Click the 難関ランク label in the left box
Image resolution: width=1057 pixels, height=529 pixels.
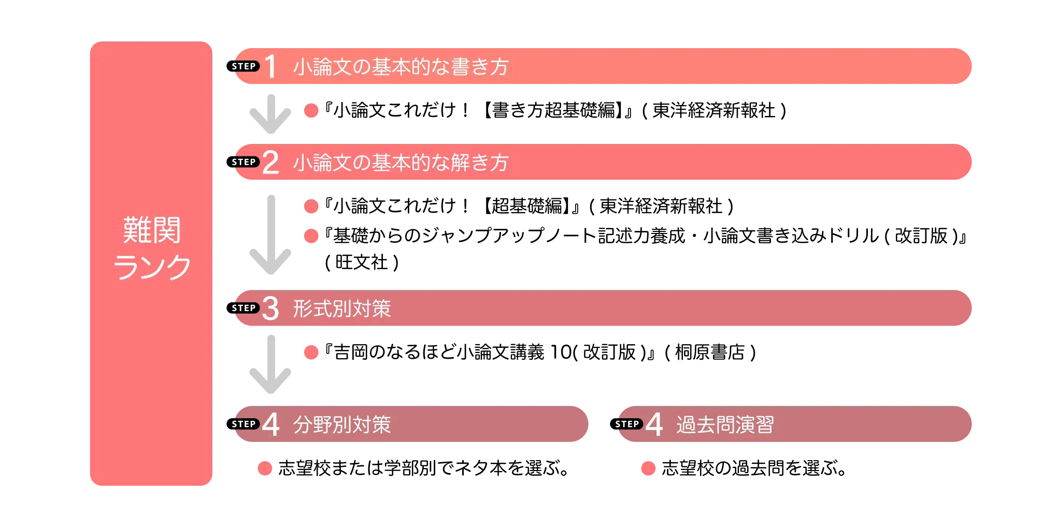pos(152,248)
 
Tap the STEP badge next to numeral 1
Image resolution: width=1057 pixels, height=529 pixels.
pos(245,66)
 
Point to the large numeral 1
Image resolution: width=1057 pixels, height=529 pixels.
pos(270,67)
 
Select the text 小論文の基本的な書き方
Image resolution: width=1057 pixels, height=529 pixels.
pos(401,67)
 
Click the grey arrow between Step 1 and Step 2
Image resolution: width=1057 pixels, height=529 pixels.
pos(271,114)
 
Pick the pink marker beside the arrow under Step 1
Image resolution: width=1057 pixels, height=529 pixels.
pos(311,110)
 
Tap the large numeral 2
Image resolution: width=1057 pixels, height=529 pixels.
pos(270,163)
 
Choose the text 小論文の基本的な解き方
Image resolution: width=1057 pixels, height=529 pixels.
pos(401,163)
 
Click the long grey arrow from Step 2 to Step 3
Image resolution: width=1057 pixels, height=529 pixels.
pos(271,236)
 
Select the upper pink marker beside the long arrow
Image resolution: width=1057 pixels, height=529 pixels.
pos(311,207)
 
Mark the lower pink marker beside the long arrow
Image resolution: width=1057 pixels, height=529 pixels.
pos(311,236)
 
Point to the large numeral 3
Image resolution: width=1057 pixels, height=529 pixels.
pos(270,308)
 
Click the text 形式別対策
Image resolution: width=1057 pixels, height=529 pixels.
pos(342,308)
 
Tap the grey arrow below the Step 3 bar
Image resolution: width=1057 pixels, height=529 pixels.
pos(271,365)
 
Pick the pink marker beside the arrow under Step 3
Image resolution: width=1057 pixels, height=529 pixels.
pos(311,352)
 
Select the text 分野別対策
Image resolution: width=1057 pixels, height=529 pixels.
pos(342,424)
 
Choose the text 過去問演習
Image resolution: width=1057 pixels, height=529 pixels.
pos(725,424)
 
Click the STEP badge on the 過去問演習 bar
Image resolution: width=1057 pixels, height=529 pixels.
pos(628,424)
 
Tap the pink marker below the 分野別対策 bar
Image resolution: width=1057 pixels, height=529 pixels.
pos(265,468)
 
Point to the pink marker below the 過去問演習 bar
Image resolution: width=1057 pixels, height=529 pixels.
pos(648,468)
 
